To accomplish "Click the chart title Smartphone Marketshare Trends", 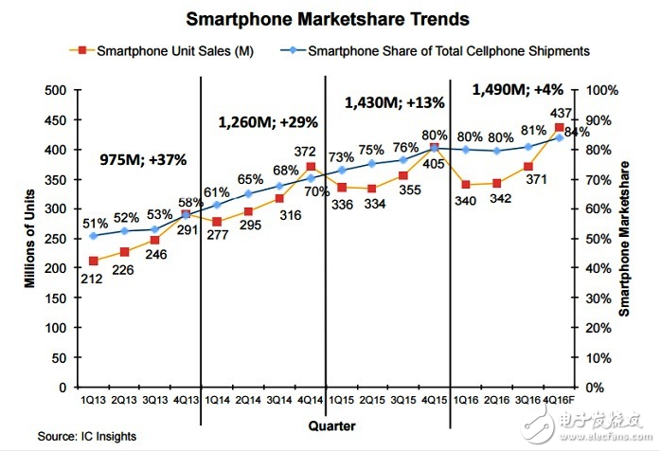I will [328, 19].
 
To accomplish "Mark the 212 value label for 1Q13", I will [91, 279].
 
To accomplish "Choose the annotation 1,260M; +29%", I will [268, 121].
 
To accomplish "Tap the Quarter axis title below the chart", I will [331, 425].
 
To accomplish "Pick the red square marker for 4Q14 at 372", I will [311, 167].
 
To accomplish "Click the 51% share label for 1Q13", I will [95, 224].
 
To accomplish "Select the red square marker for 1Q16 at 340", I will [466, 185].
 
